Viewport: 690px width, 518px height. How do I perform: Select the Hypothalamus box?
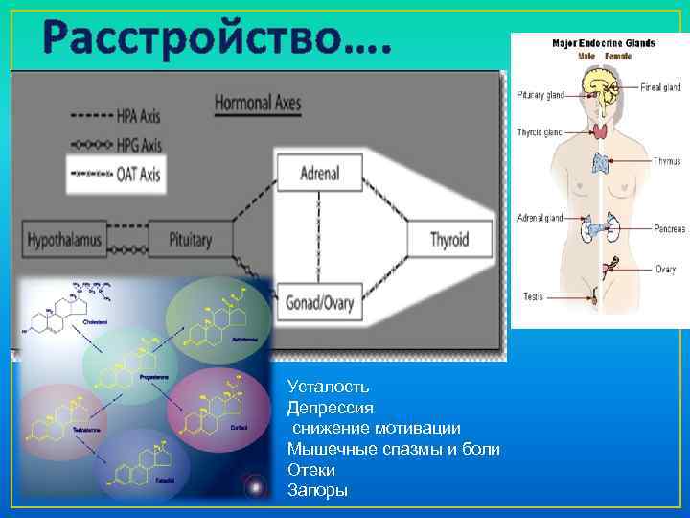64,239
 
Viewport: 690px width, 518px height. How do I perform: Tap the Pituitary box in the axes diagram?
190,239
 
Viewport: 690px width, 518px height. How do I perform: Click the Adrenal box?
319,174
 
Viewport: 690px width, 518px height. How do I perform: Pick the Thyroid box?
448,239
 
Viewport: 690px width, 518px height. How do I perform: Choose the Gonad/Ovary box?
319,304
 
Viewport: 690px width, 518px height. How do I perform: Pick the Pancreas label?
668,229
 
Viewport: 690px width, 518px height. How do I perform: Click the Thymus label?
667,161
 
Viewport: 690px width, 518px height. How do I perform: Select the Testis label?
534,297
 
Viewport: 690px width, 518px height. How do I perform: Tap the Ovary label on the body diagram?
666,269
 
